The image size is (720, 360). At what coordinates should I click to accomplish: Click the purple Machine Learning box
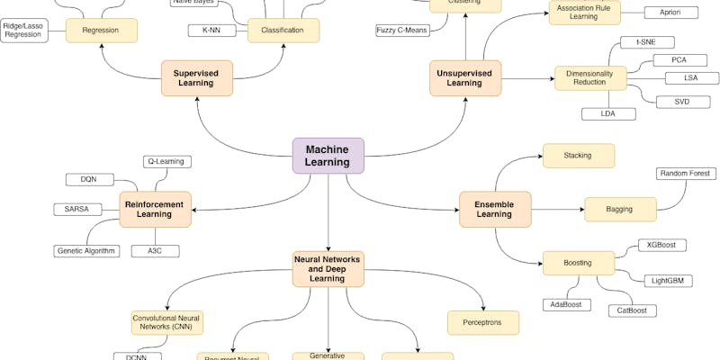328,156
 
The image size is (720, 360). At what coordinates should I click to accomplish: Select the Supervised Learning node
196,77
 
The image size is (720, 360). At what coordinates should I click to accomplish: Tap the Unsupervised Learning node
465,77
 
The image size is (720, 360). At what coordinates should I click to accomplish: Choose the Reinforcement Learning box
156,209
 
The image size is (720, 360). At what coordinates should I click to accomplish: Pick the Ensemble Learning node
495,209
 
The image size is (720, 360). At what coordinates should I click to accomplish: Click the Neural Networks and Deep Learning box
328,268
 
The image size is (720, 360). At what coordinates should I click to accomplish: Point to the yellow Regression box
101,31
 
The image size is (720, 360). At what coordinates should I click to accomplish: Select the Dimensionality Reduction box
589,77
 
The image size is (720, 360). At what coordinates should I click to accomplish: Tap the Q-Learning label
167,162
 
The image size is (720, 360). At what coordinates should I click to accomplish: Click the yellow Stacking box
578,155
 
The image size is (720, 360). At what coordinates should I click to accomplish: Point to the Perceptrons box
483,322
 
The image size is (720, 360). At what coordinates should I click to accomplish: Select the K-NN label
212,31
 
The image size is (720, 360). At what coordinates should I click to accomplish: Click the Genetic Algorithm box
87,250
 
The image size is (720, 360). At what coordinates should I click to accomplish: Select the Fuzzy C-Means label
401,31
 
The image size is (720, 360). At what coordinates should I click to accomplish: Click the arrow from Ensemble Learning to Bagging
558,209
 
